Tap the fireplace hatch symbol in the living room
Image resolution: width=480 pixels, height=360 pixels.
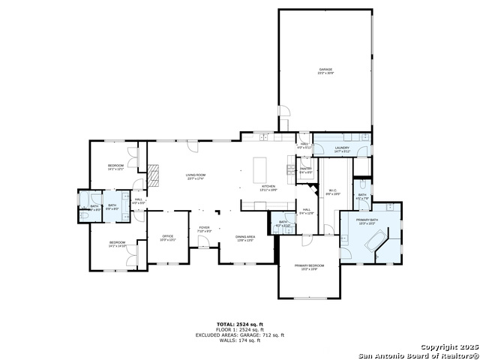click(x=154, y=174)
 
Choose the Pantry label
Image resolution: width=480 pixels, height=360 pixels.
click(x=305, y=170)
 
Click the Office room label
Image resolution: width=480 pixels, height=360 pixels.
click(x=167, y=238)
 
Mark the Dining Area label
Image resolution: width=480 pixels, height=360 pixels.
click(x=244, y=238)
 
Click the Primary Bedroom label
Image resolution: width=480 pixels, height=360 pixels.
click(x=309, y=267)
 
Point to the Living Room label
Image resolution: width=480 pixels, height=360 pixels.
click(x=196, y=176)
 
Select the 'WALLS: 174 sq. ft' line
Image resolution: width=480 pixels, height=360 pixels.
click(x=239, y=340)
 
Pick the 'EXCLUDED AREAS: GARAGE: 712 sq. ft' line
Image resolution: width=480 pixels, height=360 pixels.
click(x=239, y=335)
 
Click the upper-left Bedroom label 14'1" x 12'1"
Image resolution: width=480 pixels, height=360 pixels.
click(x=115, y=166)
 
